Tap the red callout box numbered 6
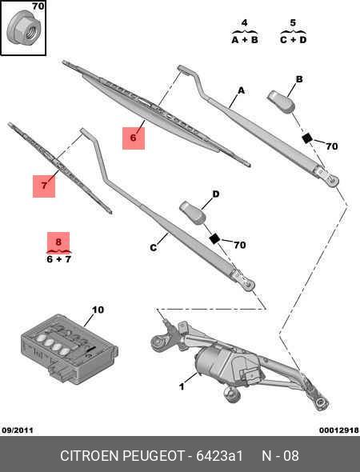tap(134, 138)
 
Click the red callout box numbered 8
tap(58, 242)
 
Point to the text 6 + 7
tap(58, 259)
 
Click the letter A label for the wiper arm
tap(238, 91)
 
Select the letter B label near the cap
tap(298, 79)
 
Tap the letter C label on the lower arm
tap(153, 248)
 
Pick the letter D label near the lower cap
tap(215, 194)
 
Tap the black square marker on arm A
tap(306, 138)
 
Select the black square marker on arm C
tap(214, 238)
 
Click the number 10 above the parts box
tap(98, 309)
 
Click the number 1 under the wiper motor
tap(181, 387)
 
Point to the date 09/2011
tap(18, 430)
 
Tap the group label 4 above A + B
tap(243, 22)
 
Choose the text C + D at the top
tap(293, 38)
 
